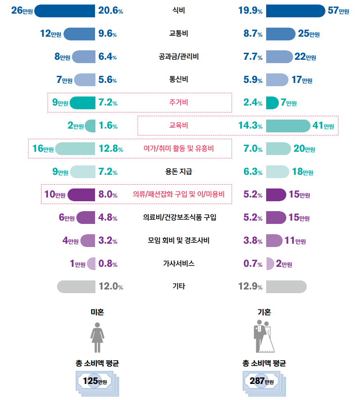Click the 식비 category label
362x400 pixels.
[x=179, y=11]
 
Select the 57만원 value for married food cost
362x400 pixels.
[x=338, y=11]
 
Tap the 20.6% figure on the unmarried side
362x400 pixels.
[x=111, y=11]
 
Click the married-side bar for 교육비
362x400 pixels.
[x=288, y=126]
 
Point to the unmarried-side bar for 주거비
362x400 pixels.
[x=83, y=103]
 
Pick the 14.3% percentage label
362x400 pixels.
[x=250, y=126]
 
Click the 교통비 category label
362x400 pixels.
[x=179, y=34]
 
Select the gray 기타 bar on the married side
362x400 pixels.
[x=286, y=287]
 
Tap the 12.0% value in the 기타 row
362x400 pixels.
[x=111, y=287]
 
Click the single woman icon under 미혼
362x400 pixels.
[x=97, y=337]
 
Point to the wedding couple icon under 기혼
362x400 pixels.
[x=265, y=337]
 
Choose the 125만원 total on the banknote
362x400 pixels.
[x=95, y=381]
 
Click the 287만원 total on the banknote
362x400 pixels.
[x=262, y=381]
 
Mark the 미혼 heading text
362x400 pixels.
[x=97, y=312]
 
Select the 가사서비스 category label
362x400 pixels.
[x=179, y=264]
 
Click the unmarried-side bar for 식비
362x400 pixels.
[x=65, y=11]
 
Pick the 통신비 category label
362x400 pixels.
[x=179, y=80]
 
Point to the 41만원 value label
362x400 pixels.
[x=323, y=126]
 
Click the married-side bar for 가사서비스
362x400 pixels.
[x=270, y=264]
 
